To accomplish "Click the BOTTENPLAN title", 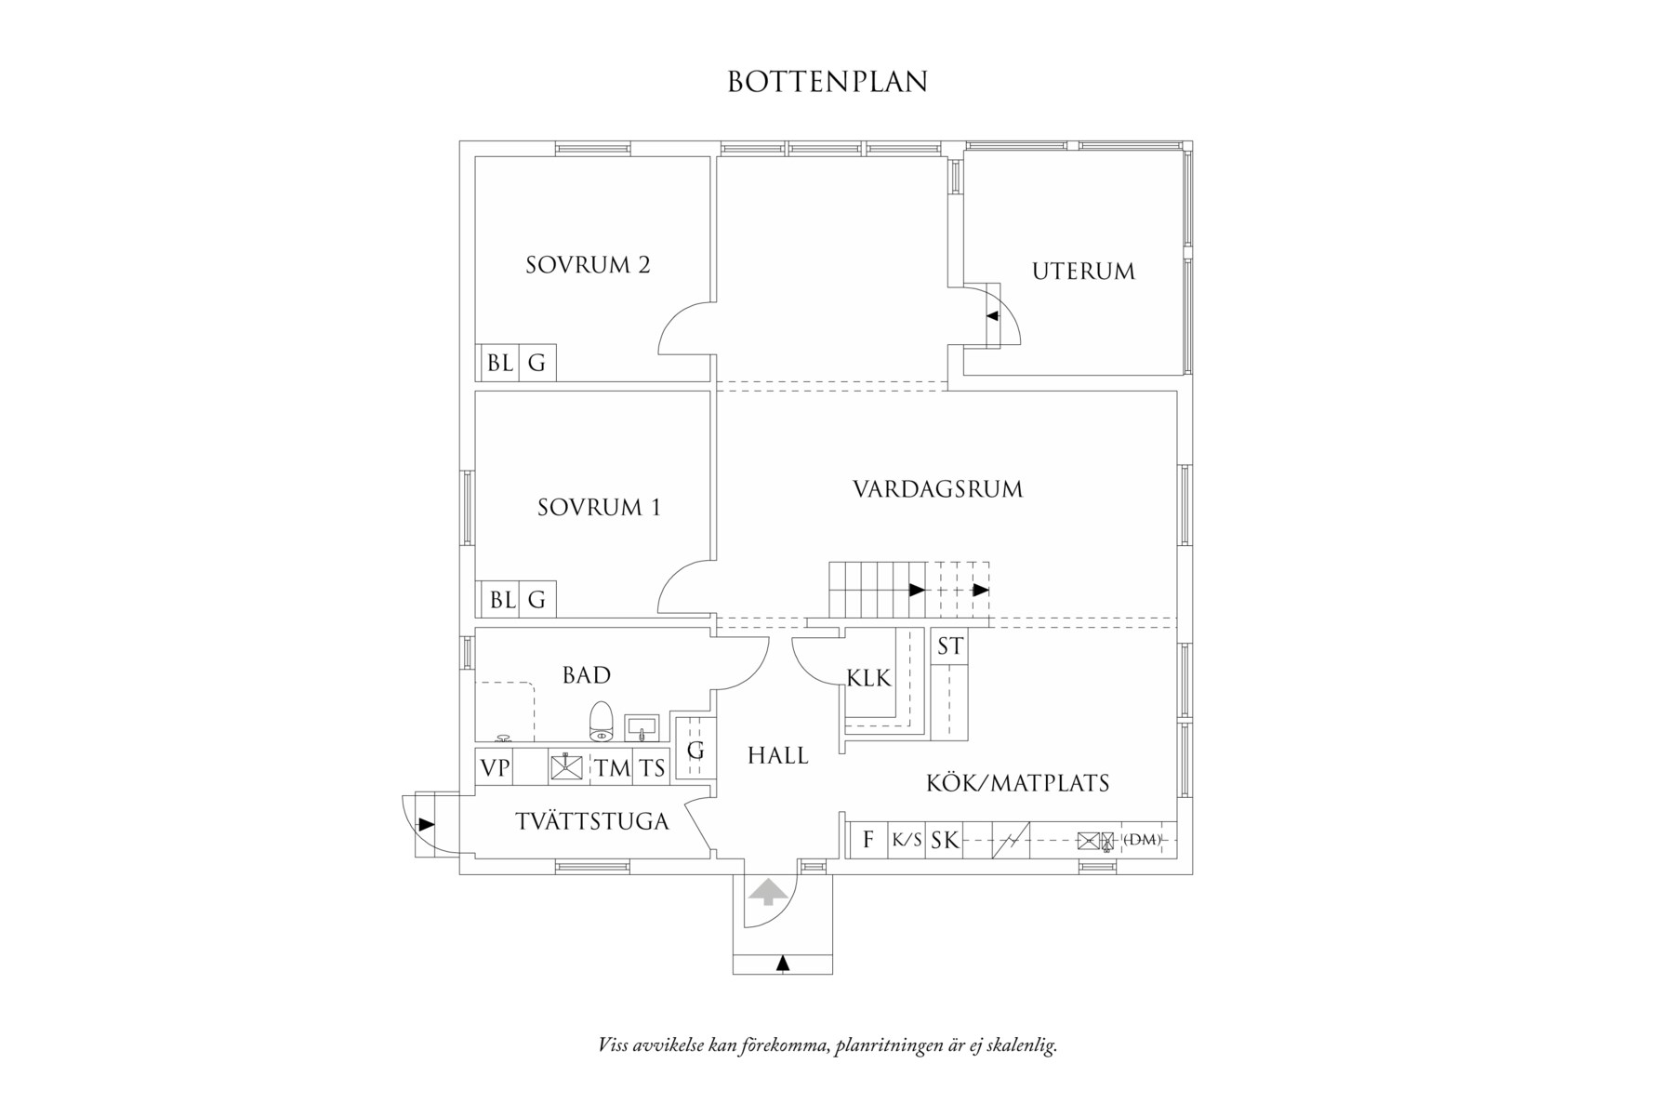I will pos(827,82).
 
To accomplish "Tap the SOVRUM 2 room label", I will pos(588,265).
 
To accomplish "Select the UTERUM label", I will pos(1083,272).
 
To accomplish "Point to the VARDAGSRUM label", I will pos(937,489).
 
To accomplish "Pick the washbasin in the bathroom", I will pos(642,725).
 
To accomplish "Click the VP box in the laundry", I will pos(495,768).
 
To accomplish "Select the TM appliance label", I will pos(613,768).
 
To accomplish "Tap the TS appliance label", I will pos(653,768).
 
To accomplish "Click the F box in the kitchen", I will pos(868,840).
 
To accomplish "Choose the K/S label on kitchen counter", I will pos(907,840).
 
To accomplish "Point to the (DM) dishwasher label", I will pos(1142,840).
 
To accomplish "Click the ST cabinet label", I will pos(949,646).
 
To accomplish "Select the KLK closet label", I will pos(868,678).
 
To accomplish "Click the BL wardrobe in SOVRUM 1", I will pos(502,601).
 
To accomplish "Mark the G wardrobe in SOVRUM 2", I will pos(536,364).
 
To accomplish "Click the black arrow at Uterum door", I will pos(992,316).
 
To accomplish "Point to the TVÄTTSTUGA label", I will pos(592,822).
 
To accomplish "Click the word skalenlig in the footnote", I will pos(1025,1045).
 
